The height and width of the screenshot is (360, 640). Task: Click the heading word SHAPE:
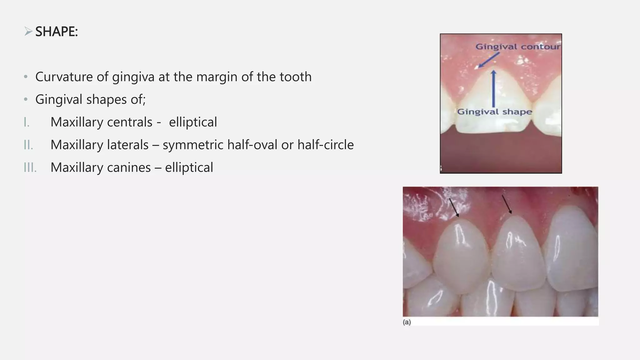tap(57, 32)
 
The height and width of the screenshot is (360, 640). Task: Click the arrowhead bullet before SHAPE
tap(28, 31)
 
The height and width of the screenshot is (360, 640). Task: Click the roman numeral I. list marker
tap(27, 122)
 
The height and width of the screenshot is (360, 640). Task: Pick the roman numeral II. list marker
tap(28, 145)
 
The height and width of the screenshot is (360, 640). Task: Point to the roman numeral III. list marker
tap(30, 167)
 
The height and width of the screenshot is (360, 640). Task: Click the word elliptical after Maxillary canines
tap(189, 167)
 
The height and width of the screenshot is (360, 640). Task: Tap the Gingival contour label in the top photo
tap(518, 47)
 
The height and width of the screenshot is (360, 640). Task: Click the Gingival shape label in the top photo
tap(494, 112)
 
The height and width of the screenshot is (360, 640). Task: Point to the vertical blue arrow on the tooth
tap(493, 89)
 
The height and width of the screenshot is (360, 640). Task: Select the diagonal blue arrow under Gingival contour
tap(488, 60)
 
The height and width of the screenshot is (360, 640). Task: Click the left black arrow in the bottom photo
tap(454, 207)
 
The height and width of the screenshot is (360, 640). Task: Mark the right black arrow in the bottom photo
tap(507, 204)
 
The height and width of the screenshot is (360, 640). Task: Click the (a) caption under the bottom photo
tap(407, 322)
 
